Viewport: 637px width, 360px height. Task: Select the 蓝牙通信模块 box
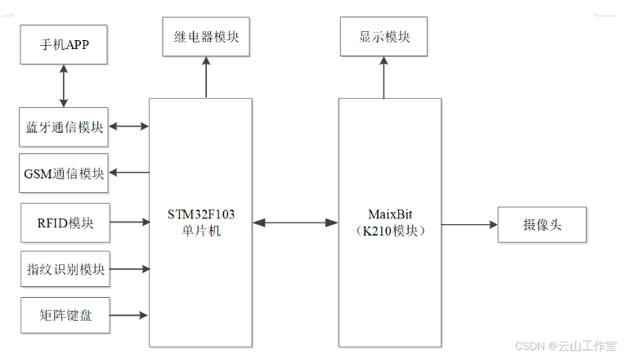click(x=64, y=127)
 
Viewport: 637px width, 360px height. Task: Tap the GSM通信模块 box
click(x=64, y=173)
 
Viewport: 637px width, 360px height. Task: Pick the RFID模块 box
click(x=64, y=222)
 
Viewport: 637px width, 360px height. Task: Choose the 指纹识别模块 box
click(x=64, y=269)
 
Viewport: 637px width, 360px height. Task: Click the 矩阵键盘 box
click(x=64, y=315)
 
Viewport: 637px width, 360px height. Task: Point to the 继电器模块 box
click(x=206, y=37)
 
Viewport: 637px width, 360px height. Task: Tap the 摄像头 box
click(x=542, y=223)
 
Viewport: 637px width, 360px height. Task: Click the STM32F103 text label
click(x=200, y=214)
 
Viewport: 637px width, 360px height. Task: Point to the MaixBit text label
click(x=390, y=214)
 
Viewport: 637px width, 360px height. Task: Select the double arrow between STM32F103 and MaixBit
click(x=295, y=222)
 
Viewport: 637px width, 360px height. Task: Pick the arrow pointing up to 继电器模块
click(x=206, y=78)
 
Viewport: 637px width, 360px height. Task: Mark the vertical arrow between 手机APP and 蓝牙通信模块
click(x=64, y=86)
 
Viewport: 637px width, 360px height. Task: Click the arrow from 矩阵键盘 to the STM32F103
click(x=128, y=315)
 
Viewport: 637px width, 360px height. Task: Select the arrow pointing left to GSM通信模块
click(x=128, y=173)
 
